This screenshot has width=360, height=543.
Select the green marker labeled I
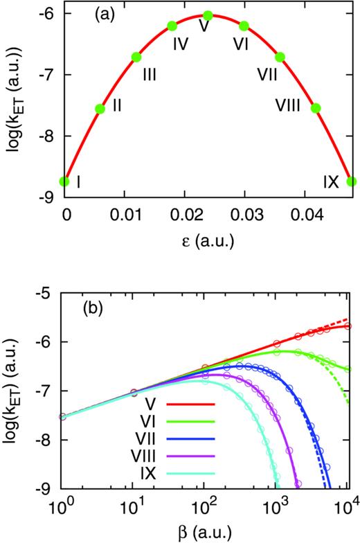click(x=64, y=181)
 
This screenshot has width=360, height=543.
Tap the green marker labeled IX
click(x=352, y=181)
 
